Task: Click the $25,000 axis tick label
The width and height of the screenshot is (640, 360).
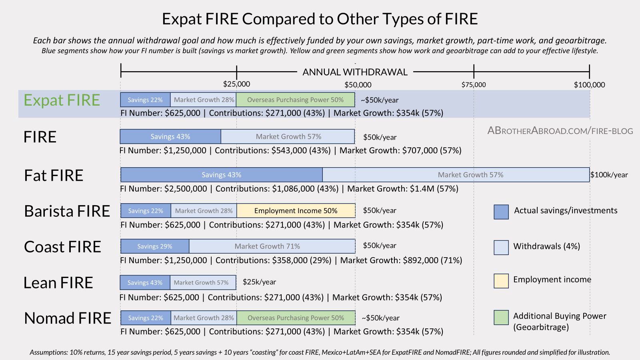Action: pyautogui.click(x=236, y=84)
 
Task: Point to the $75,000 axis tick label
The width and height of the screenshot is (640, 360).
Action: pyautogui.click(x=474, y=85)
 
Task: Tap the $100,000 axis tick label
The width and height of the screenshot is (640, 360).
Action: pyautogui.click(x=589, y=85)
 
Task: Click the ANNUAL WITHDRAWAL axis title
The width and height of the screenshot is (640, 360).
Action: pyautogui.click(x=355, y=72)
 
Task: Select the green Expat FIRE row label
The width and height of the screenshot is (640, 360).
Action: pyautogui.click(x=62, y=100)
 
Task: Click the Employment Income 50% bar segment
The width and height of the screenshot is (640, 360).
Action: pyautogui.click(x=296, y=211)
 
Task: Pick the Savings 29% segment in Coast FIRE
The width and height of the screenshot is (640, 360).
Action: pyautogui.click(x=155, y=246)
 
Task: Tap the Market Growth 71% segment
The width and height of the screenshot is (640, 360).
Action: pyautogui.click(x=272, y=246)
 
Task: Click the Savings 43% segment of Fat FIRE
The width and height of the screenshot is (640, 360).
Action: pyautogui.click(x=221, y=175)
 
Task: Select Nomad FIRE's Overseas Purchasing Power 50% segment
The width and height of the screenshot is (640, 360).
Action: pyautogui.click(x=296, y=318)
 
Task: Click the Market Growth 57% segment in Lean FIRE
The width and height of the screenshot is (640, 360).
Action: pyautogui.click(x=202, y=282)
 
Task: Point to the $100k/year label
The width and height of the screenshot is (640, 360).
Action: pyautogui.click(x=609, y=175)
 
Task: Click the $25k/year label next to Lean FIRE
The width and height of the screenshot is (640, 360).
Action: pyautogui.click(x=259, y=282)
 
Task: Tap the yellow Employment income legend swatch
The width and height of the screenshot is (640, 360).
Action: pyautogui.click(x=501, y=281)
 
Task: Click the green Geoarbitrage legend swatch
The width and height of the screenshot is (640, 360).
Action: pyautogui.click(x=501, y=318)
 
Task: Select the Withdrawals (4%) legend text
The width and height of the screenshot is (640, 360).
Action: pyautogui.click(x=546, y=246)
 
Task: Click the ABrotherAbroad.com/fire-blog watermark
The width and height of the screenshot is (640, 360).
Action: pyautogui.click(x=560, y=131)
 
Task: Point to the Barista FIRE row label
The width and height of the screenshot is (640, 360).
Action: pyautogui.click(x=67, y=211)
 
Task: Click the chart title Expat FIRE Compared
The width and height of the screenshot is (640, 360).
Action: pyautogui.click(x=320, y=19)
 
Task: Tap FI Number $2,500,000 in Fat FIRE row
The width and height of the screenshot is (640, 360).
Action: pyautogui.click(x=164, y=189)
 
